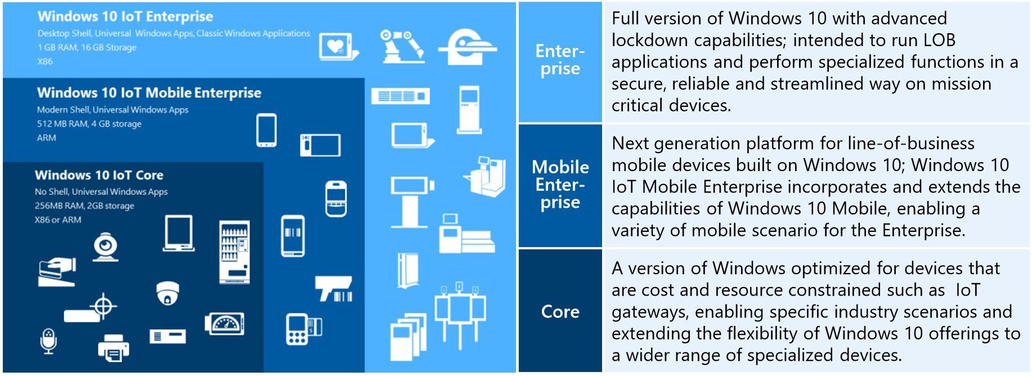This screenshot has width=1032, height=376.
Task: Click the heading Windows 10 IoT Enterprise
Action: click(125, 17)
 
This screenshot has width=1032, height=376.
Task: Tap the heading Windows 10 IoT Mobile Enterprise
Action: click(149, 93)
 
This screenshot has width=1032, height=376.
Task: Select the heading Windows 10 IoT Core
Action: click(99, 175)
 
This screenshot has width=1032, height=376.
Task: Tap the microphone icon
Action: click(49, 341)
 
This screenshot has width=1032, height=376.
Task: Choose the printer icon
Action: click(113, 348)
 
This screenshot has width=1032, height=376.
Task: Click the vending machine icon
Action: click(234, 252)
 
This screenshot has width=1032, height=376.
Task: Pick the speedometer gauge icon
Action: click(225, 324)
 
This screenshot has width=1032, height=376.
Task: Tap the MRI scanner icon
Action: click(467, 47)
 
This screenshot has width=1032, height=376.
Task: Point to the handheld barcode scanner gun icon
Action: click(335, 289)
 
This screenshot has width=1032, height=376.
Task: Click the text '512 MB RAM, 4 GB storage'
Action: click(89, 124)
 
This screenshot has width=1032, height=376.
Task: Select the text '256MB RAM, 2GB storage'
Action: click(84, 206)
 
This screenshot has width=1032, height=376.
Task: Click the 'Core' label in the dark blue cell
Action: click(560, 312)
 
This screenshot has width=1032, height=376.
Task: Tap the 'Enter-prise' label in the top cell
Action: click(560, 60)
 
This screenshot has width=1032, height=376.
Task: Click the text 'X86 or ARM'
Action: click(58, 220)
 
